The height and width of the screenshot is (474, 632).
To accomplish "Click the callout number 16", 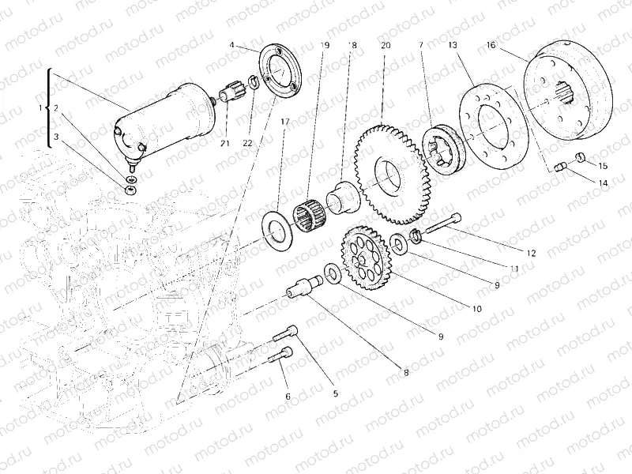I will click(491, 47).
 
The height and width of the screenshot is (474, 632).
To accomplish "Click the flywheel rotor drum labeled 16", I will click(573, 91).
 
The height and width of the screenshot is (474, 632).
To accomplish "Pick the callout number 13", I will click(453, 47).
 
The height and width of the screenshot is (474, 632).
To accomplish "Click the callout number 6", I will click(288, 396).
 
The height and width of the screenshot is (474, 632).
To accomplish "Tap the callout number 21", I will click(224, 142).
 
